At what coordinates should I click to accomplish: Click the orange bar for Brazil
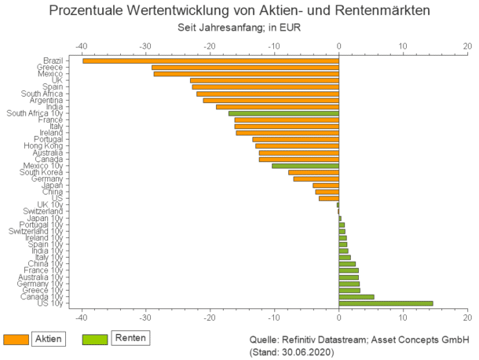point(210,61)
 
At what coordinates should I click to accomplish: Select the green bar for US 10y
point(386,303)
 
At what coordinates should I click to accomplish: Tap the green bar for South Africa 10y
point(283,113)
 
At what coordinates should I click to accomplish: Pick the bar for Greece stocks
point(245,67)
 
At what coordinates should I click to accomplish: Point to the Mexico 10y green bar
point(305,166)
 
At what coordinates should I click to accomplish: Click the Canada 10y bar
point(356,297)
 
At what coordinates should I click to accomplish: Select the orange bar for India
point(277,107)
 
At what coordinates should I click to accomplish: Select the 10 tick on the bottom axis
point(403,318)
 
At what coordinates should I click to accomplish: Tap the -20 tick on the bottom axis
point(210,318)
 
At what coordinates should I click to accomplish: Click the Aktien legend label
point(49,338)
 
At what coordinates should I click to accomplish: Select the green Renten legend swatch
point(93,338)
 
